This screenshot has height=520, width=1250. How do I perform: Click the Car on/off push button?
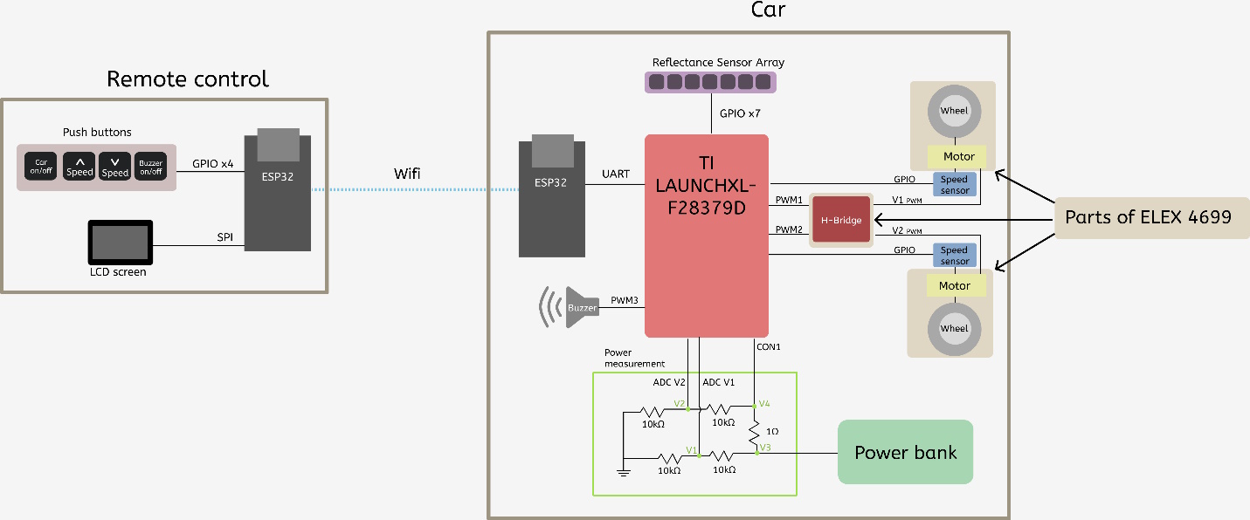(x=41, y=167)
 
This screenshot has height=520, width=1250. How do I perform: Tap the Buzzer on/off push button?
(x=150, y=167)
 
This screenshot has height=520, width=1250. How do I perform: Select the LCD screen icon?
(x=120, y=243)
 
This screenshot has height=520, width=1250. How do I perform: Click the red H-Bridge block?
(x=841, y=220)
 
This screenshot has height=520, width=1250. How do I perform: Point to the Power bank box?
(x=905, y=452)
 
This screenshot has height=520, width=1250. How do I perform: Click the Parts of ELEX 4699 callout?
(x=1149, y=217)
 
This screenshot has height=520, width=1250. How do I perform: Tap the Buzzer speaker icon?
(x=570, y=307)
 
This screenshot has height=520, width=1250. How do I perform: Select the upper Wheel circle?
(x=954, y=111)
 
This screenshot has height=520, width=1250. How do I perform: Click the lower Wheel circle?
(x=954, y=329)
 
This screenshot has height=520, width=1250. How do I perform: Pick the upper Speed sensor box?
(x=955, y=184)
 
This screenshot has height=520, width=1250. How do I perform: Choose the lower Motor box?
(x=955, y=286)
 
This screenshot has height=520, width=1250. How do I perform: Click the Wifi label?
(x=407, y=174)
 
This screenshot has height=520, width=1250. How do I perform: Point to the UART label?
(x=616, y=174)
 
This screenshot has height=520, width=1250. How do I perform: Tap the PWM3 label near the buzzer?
(x=624, y=300)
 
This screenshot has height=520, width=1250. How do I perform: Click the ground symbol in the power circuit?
(x=624, y=472)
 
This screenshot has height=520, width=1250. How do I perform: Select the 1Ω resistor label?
(x=772, y=431)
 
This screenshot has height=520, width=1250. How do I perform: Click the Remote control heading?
(x=188, y=79)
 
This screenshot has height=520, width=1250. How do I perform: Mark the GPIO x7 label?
(x=740, y=113)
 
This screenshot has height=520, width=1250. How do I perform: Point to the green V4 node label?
(x=764, y=403)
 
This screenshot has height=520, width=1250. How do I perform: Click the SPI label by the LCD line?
(x=224, y=236)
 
